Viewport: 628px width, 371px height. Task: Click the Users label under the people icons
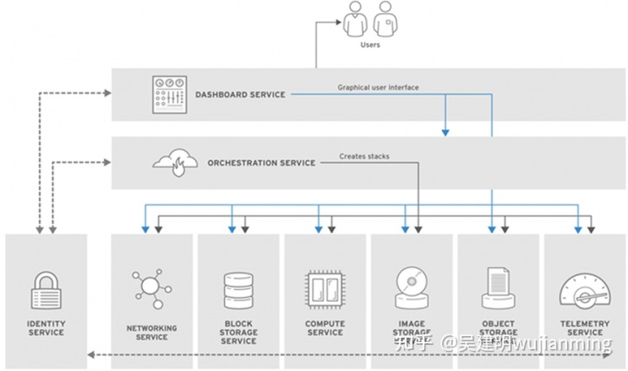(370, 45)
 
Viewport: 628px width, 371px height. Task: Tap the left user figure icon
(354, 17)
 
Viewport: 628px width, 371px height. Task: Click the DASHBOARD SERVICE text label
(240, 94)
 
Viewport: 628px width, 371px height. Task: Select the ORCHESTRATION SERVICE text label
(260, 162)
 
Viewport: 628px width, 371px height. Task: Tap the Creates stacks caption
(365, 157)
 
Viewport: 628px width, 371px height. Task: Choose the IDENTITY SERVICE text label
(45, 327)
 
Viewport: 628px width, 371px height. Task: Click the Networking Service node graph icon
(152, 289)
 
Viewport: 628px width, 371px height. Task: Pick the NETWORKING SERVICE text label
(152, 333)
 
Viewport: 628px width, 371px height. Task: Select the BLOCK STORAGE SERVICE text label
(238, 333)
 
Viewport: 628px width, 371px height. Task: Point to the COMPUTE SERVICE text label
(324, 327)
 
